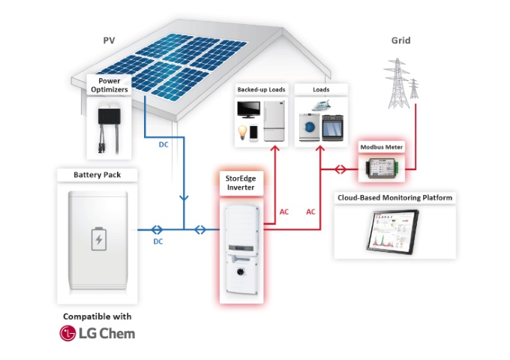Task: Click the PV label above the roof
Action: pyautogui.click(x=109, y=40)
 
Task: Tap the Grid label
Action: pyautogui.click(x=400, y=40)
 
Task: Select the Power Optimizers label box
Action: pyautogui.click(x=109, y=85)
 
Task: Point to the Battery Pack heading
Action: pyautogui.click(x=97, y=175)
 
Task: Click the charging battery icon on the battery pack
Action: pyautogui.click(x=99, y=239)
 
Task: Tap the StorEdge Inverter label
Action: pyautogui.click(x=241, y=183)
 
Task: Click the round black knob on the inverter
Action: pyautogui.click(x=241, y=271)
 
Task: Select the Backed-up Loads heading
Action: pyautogui.click(x=261, y=89)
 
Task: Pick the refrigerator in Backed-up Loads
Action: pyautogui.click(x=274, y=121)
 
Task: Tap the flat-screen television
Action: pyautogui.click(x=248, y=110)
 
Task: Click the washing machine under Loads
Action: pyautogui.click(x=309, y=127)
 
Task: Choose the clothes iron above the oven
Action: pyautogui.click(x=322, y=105)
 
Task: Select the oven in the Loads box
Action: pyautogui.click(x=332, y=127)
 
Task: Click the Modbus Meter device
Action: pyautogui.click(x=382, y=168)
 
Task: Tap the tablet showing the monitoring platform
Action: pyautogui.click(x=392, y=231)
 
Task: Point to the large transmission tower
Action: pyautogui.click(x=397, y=83)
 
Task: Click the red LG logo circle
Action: pyautogui.click(x=67, y=333)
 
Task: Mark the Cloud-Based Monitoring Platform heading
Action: pyautogui.click(x=394, y=198)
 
